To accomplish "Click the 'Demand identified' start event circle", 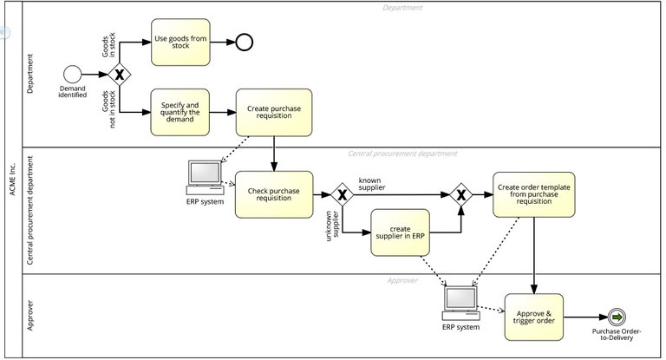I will pyautogui.click(x=72, y=74).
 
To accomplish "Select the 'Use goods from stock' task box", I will pyautogui.click(x=180, y=42).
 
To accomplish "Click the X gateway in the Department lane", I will pyautogui.click(x=118, y=74).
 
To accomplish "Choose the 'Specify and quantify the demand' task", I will pyautogui.click(x=180, y=112).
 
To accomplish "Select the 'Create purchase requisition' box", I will pyautogui.click(x=274, y=112).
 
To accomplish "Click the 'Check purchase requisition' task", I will pyautogui.click(x=273, y=194).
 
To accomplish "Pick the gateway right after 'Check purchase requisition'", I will pyautogui.click(x=343, y=195).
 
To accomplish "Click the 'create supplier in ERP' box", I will pyautogui.click(x=400, y=232).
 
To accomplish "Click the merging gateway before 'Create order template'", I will pyautogui.click(x=460, y=195).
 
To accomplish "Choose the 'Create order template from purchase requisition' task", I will pyautogui.click(x=532, y=194).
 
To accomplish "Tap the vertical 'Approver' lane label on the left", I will pyautogui.click(x=31, y=317).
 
